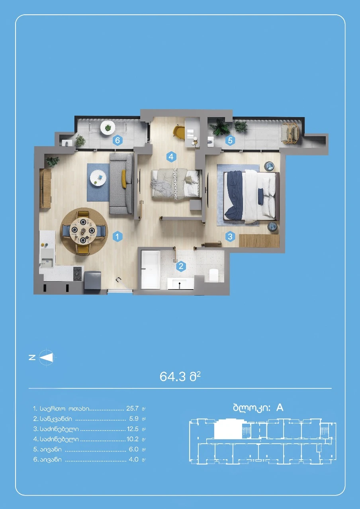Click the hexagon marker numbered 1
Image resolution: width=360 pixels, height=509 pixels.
(x=117, y=237)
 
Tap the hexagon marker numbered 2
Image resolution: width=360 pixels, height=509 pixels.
(x=181, y=266)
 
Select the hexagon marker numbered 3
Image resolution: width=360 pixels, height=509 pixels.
(x=230, y=237)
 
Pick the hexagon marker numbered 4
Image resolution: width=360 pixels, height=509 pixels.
(x=171, y=157)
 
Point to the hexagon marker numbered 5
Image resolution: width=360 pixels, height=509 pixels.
(x=230, y=141)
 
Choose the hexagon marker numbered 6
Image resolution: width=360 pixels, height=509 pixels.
(x=117, y=141)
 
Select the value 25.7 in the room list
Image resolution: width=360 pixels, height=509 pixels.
(x=132, y=408)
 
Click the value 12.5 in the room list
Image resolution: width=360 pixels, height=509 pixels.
(x=133, y=429)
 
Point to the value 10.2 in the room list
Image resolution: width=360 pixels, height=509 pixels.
(x=133, y=439)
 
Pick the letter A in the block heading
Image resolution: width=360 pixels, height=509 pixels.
(x=280, y=408)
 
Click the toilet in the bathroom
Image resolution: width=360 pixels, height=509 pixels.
(x=213, y=275)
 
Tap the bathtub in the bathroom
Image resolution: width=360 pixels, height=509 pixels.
(x=150, y=270)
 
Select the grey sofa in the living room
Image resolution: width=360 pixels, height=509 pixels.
(x=121, y=183)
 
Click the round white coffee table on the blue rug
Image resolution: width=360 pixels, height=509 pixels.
(x=98, y=178)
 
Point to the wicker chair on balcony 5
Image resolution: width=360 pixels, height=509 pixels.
(x=290, y=133)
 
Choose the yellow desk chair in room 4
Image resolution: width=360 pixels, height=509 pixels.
(x=179, y=131)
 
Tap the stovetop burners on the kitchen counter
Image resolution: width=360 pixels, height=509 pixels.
(x=77, y=274)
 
